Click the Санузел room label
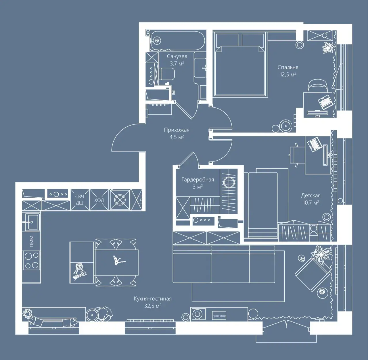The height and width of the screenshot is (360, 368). pyautogui.click(x=177, y=56)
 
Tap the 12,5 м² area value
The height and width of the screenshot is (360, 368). pyautogui.click(x=288, y=74)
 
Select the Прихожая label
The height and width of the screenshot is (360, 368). pyautogui.click(x=177, y=130)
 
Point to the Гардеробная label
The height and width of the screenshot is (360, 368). pyautogui.click(x=198, y=180)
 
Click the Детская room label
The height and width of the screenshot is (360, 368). pyautogui.click(x=311, y=195)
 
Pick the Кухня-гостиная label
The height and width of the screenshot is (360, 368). pyautogui.click(x=153, y=299)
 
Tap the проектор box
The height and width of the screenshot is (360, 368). pyautogui.click(x=219, y=316)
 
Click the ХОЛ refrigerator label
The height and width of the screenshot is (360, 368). pyautogui.click(x=99, y=200)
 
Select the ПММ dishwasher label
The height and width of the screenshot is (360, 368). pyautogui.click(x=32, y=241)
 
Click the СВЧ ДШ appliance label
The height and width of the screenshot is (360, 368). pyautogui.click(x=79, y=200)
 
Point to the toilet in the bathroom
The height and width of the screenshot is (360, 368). pyautogui.click(x=166, y=74)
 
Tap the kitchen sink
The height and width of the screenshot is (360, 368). pyautogui.click(x=32, y=222)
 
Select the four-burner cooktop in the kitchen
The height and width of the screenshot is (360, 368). pyautogui.click(x=32, y=260)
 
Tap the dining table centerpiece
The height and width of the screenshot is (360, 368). pyautogui.click(x=118, y=261)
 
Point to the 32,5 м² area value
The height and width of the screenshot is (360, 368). pyautogui.click(x=153, y=306)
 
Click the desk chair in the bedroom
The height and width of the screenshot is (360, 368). pyautogui.click(x=318, y=86)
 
